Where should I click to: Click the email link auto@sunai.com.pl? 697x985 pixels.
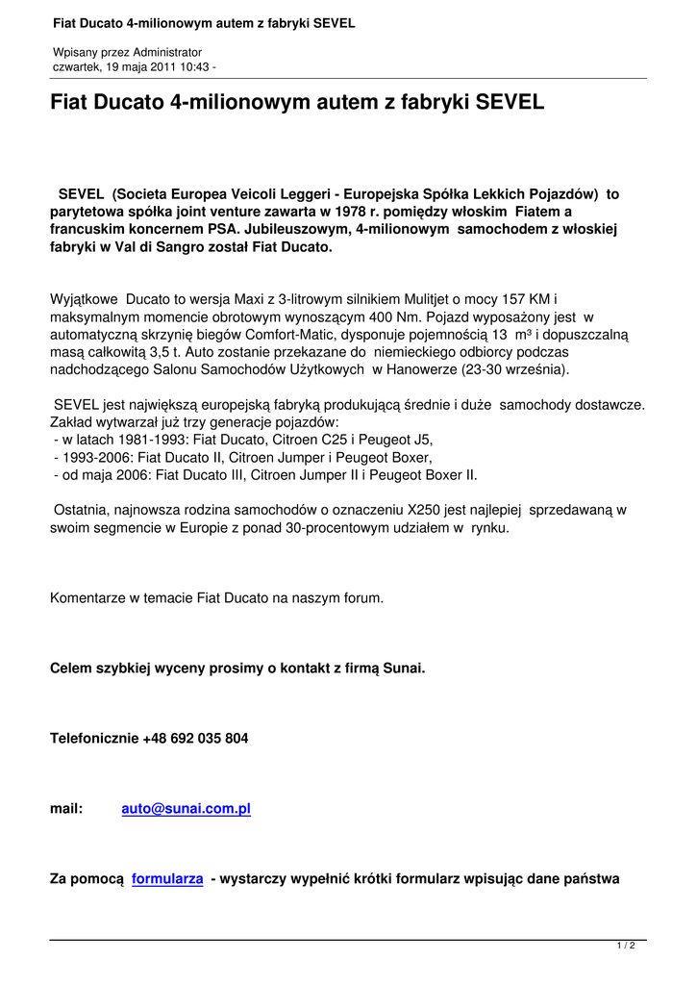(x=186, y=809)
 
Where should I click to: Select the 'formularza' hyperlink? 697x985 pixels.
(x=167, y=879)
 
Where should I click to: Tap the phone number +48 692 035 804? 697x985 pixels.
(x=195, y=739)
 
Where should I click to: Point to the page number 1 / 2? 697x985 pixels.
(x=626, y=947)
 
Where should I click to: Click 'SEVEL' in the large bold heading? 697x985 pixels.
(x=510, y=101)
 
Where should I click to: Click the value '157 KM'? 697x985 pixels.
(x=531, y=301)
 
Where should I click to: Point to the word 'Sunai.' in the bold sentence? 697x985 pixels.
(x=404, y=668)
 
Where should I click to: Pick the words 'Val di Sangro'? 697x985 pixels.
(x=153, y=247)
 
